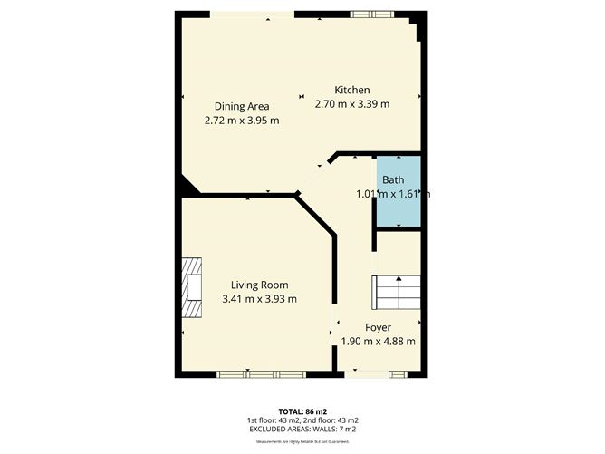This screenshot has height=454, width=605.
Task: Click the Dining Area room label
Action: coord(242,106)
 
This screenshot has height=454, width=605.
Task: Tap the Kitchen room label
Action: coord(352,90)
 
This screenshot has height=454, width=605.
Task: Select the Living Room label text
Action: coord(259,285)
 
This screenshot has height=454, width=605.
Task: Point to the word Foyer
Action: coord(378,327)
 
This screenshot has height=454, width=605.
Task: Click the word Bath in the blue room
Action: coord(393,179)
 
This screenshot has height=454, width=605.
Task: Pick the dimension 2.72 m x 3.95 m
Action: coord(242,120)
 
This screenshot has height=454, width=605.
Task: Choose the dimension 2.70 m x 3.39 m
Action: coord(352,103)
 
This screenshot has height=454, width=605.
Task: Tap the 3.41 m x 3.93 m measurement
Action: coord(259,299)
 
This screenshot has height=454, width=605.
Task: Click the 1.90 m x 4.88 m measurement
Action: coord(378,342)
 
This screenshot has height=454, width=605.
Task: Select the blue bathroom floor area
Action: coord(399,208)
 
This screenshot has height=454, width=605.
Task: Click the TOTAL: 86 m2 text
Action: coord(302,411)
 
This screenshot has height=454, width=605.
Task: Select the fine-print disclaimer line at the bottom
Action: coord(302,441)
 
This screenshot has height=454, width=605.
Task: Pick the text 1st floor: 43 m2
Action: coord(273,420)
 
